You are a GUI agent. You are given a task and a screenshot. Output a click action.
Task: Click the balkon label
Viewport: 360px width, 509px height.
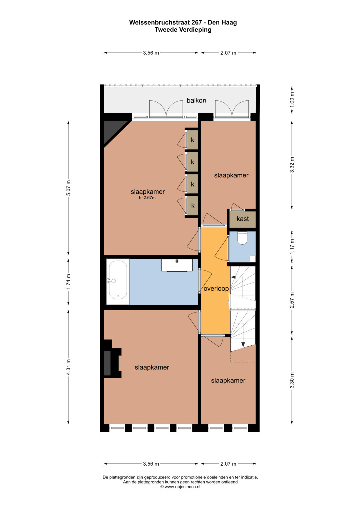(x=196, y=100)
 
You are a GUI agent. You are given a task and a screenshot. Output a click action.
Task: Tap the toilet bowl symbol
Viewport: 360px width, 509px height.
(x=242, y=238)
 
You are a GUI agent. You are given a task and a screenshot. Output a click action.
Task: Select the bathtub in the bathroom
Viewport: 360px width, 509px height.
(x=118, y=282)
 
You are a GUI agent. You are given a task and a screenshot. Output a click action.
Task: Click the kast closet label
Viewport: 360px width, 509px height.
(x=243, y=219)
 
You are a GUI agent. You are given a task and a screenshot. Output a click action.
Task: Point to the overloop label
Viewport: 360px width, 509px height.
(x=216, y=288)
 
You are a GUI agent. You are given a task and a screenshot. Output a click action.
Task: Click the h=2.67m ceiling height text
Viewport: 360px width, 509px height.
(x=147, y=198)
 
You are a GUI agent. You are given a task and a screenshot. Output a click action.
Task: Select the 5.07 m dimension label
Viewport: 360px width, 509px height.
(x=68, y=188)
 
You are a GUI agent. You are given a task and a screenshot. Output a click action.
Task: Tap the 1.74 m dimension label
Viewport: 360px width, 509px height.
(x=68, y=282)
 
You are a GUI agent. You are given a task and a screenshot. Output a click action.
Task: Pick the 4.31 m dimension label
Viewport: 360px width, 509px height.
(x=68, y=367)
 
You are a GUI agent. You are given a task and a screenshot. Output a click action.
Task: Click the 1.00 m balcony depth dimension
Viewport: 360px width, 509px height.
(x=292, y=100)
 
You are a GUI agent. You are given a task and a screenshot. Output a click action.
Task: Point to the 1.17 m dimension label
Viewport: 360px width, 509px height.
(x=292, y=247)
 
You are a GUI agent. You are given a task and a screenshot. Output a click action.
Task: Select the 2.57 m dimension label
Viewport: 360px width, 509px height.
(x=292, y=300)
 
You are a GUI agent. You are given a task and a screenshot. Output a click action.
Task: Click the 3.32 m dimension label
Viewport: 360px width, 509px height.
(x=292, y=165)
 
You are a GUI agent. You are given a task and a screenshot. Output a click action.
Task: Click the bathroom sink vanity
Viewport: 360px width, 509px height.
(x=177, y=265)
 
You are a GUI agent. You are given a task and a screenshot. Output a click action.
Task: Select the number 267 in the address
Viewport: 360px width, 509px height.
(x=196, y=22)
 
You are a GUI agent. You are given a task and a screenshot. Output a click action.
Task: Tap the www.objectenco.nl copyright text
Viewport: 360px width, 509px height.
(x=180, y=487)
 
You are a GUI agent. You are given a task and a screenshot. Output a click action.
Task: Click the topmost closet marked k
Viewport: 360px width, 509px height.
(x=192, y=140)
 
